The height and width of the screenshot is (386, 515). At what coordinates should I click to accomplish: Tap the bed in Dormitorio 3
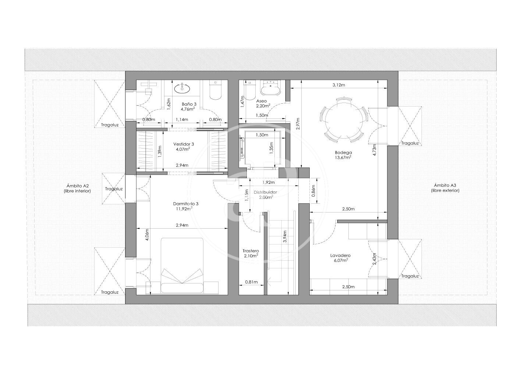(x=182, y=265)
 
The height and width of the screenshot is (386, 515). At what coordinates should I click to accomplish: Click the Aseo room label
(x=262, y=101)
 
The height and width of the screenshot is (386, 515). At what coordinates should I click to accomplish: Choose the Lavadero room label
(x=340, y=255)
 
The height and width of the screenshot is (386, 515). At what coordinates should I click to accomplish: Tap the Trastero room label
(x=251, y=251)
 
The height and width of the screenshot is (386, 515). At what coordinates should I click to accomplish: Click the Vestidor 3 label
(x=184, y=144)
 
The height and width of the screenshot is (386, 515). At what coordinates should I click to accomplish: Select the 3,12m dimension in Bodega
(x=339, y=85)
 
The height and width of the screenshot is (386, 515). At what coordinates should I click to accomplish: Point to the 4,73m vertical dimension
(x=374, y=150)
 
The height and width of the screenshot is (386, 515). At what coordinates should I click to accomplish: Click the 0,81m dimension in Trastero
(x=251, y=282)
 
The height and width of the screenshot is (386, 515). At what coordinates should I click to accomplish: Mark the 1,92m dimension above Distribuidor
(x=269, y=182)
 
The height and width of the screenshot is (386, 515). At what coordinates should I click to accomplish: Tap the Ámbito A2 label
(x=77, y=186)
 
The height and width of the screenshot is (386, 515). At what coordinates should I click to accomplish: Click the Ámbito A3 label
(x=445, y=185)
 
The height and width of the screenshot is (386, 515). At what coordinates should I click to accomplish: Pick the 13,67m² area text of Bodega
(x=343, y=157)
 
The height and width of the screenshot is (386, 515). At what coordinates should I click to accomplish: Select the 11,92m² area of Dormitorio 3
(x=183, y=209)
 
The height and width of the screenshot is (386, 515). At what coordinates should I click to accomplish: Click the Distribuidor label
(x=265, y=192)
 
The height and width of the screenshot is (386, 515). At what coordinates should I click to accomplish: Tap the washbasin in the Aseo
(x=270, y=88)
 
